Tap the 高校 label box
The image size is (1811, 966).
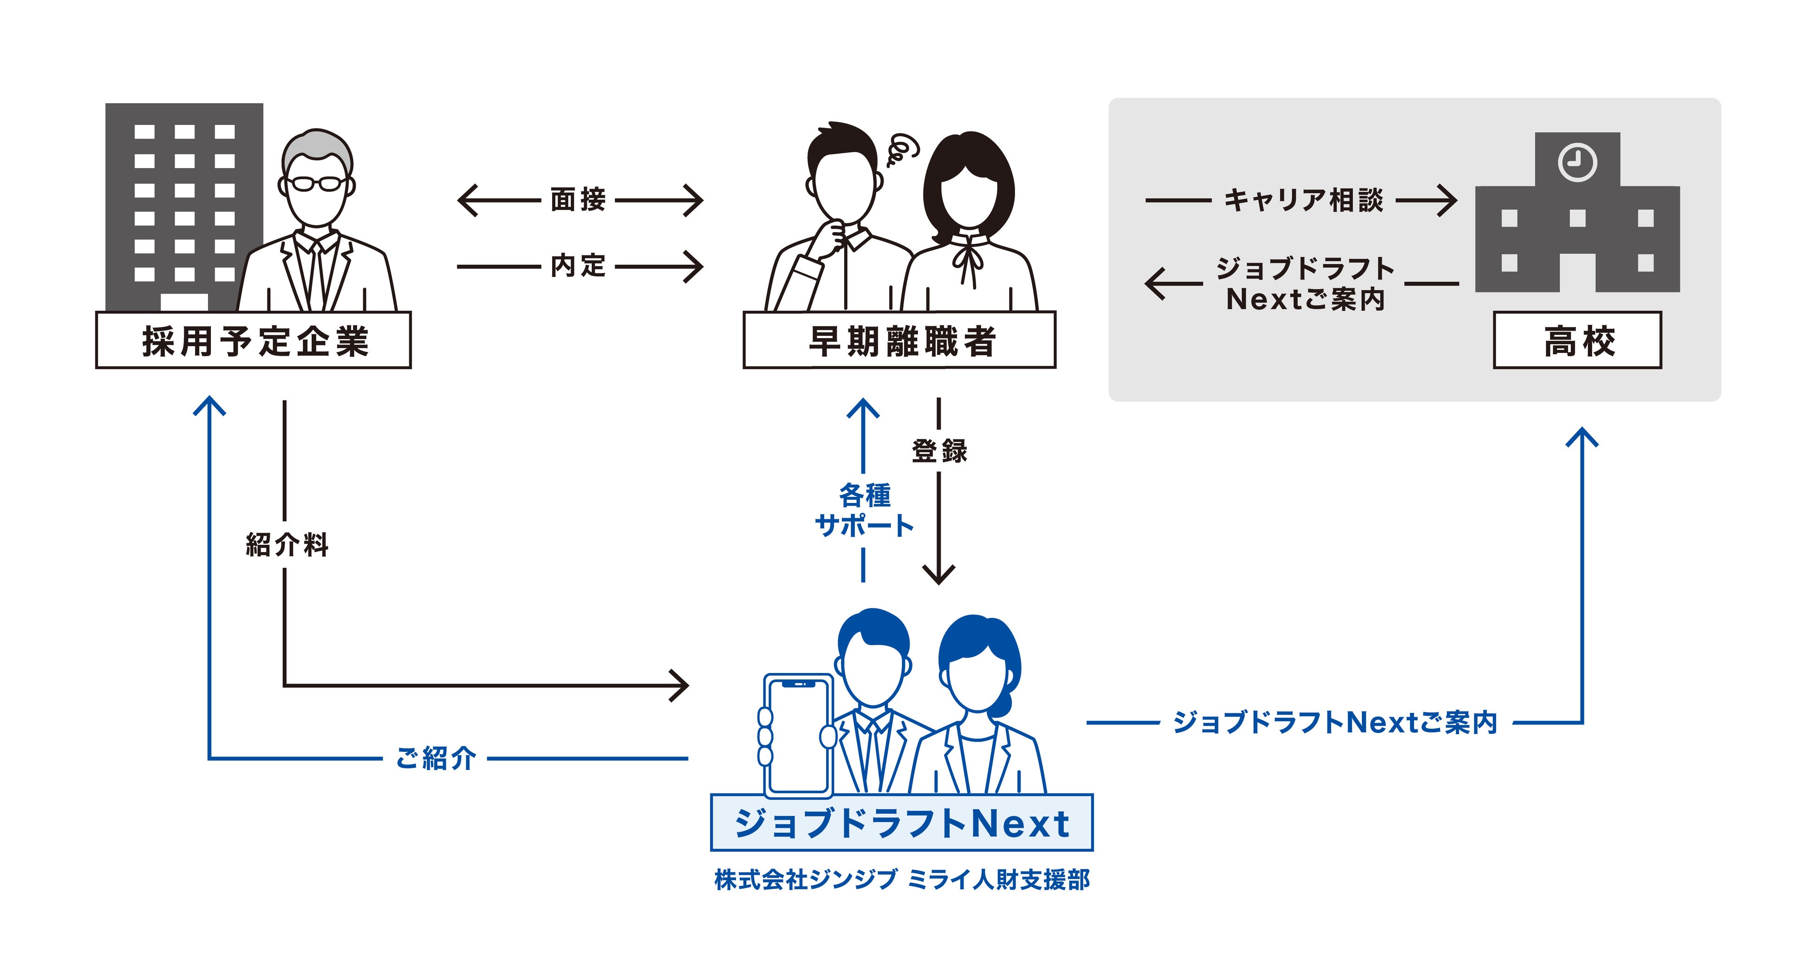pyautogui.click(x=1577, y=340)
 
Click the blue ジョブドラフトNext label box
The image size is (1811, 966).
pyautogui.click(x=901, y=822)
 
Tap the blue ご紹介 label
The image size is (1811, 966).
pyautogui.click(x=436, y=758)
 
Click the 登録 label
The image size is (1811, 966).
pyautogui.click(x=939, y=450)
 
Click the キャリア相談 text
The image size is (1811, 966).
pyautogui.click(x=1303, y=200)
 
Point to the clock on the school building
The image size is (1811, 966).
pyautogui.click(x=1577, y=163)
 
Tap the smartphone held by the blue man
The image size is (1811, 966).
pyautogui.click(x=799, y=735)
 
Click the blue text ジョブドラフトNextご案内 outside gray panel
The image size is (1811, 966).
pyautogui.click(x=1335, y=722)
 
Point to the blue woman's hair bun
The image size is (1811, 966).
pyautogui.click(x=1004, y=703)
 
